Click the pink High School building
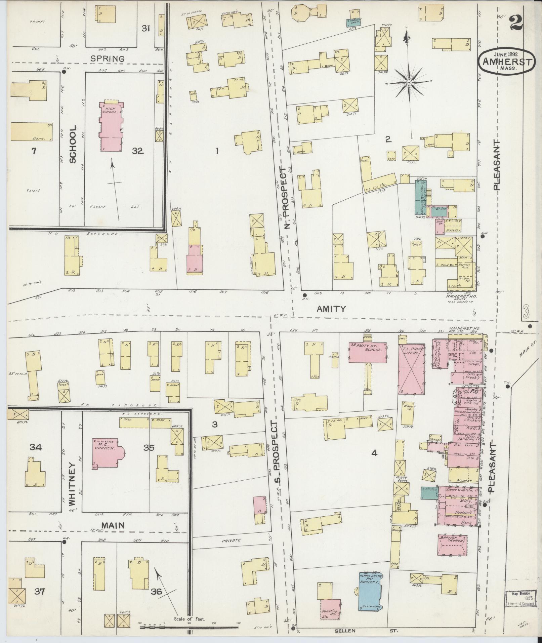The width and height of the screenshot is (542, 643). tap(111, 126)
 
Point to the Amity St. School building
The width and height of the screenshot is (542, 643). tap(368, 352)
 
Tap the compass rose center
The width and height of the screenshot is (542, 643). tap(410, 83)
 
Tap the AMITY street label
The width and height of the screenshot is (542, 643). tap(331, 309)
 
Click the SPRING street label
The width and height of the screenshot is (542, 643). tap(108, 58)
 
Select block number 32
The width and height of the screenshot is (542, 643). tap(138, 151)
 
